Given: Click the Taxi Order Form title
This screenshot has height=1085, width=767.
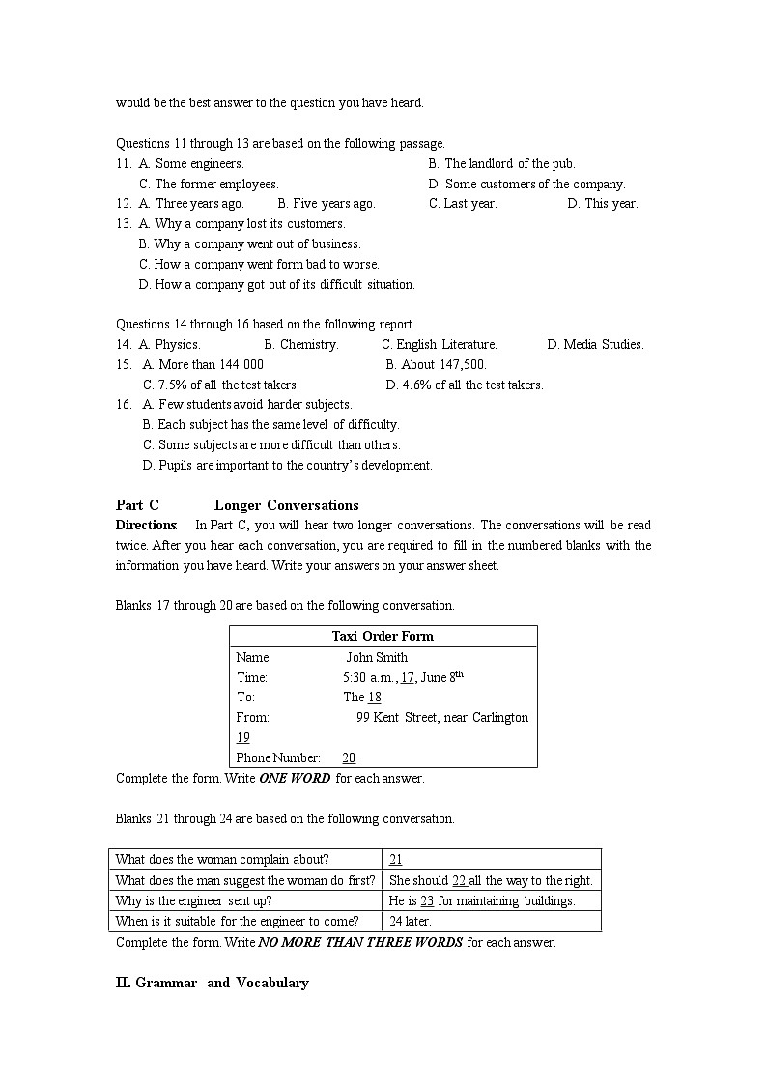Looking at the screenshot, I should click(383, 636).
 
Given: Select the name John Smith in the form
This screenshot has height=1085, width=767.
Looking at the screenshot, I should click(377, 657).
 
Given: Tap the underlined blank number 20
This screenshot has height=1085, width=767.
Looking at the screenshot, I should click(349, 758).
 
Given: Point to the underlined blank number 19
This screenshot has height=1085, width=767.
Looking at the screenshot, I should click(242, 738).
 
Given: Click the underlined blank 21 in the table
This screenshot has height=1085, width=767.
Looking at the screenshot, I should click(395, 859).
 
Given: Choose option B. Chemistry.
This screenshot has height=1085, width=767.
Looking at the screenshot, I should click(300, 344).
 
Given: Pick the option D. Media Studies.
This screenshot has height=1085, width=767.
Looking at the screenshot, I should click(595, 344).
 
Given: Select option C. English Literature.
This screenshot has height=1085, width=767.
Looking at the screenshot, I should click(440, 344).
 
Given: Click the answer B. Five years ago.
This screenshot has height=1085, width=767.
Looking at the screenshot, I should click(326, 204).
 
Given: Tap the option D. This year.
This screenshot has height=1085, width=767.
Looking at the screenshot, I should click(602, 204).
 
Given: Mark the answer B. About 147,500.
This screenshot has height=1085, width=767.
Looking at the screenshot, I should click(436, 364).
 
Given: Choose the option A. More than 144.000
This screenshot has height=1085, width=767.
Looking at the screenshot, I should click(203, 364).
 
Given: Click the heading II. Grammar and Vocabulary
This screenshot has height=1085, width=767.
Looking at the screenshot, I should click(213, 983).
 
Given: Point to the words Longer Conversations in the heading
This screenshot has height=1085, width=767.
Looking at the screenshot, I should click(286, 505).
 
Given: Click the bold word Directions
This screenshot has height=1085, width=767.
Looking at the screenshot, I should click(146, 526).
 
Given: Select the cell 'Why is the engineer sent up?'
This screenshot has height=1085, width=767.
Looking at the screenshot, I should click(193, 900).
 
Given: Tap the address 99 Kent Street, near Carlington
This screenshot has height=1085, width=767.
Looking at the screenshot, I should click(441, 717).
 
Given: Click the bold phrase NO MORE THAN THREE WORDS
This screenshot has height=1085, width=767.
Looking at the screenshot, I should click(360, 942).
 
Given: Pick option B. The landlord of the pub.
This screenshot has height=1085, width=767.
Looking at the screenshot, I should click(501, 163).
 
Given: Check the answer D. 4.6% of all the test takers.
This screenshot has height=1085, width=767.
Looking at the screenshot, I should click(465, 385).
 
